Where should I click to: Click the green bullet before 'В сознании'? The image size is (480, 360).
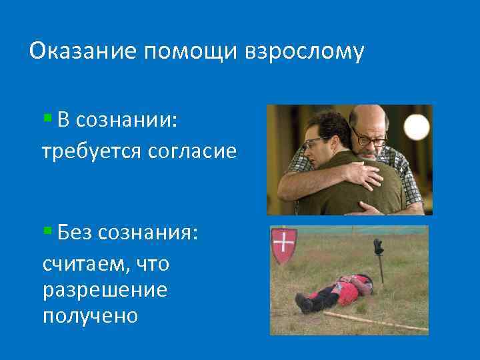pos(47,119)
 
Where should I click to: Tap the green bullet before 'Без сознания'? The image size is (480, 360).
pos(47,231)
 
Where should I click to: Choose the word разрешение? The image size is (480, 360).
pos(105,290)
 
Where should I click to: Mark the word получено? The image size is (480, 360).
pos(90,315)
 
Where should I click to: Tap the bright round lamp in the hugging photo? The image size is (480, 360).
pos(417,126)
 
